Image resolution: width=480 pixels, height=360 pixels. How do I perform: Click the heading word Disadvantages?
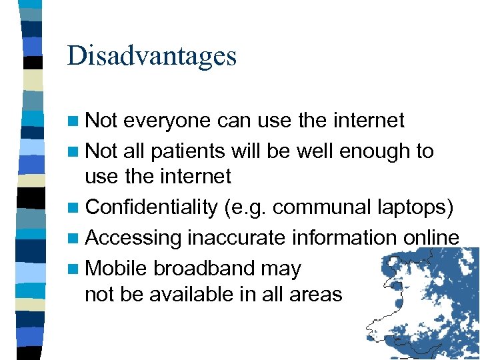(x=151, y=56)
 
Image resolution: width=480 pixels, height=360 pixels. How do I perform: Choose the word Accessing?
(x=133, y=238)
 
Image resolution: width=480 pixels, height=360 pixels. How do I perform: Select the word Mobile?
(x=117, y=269)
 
